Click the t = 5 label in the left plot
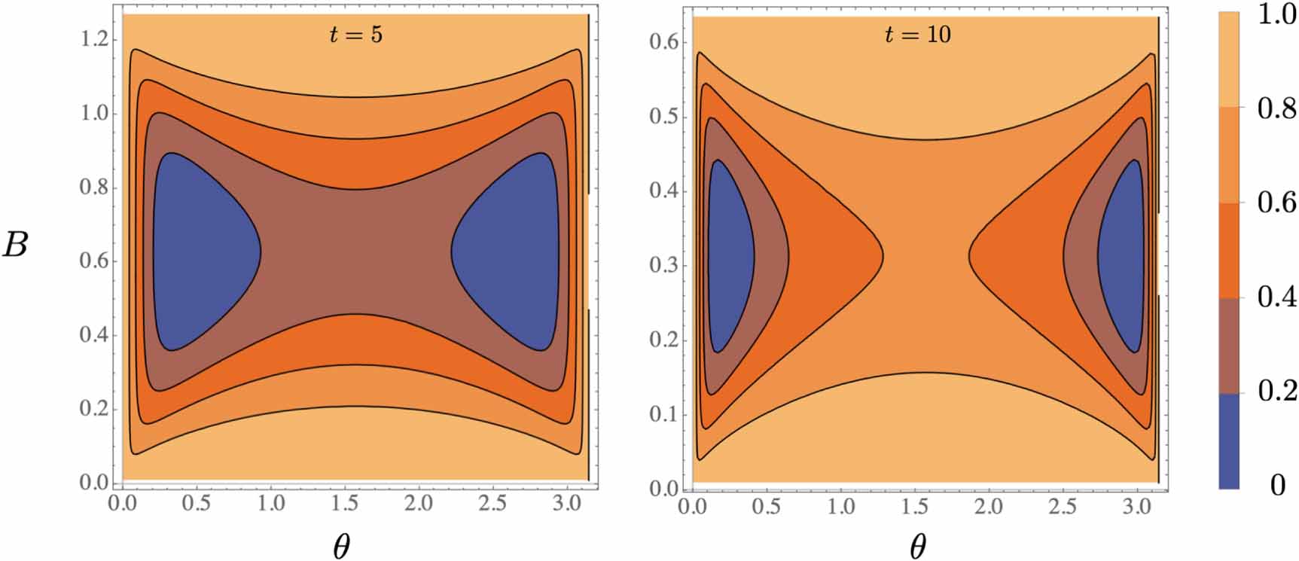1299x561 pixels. pyautogui.click(x=355, y=35)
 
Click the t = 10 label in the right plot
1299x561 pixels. pyautogui.click(x=916, y=34)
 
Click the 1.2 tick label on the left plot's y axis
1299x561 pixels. pyautogui.click(x=95, y=39)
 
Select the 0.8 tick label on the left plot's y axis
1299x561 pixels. pyautogui.click(x=95, y=188)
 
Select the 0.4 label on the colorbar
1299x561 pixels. pyautogui.click(x=1277, y=297)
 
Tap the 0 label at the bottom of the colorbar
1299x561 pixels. pyautogui.click(x=1277, y=486)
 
